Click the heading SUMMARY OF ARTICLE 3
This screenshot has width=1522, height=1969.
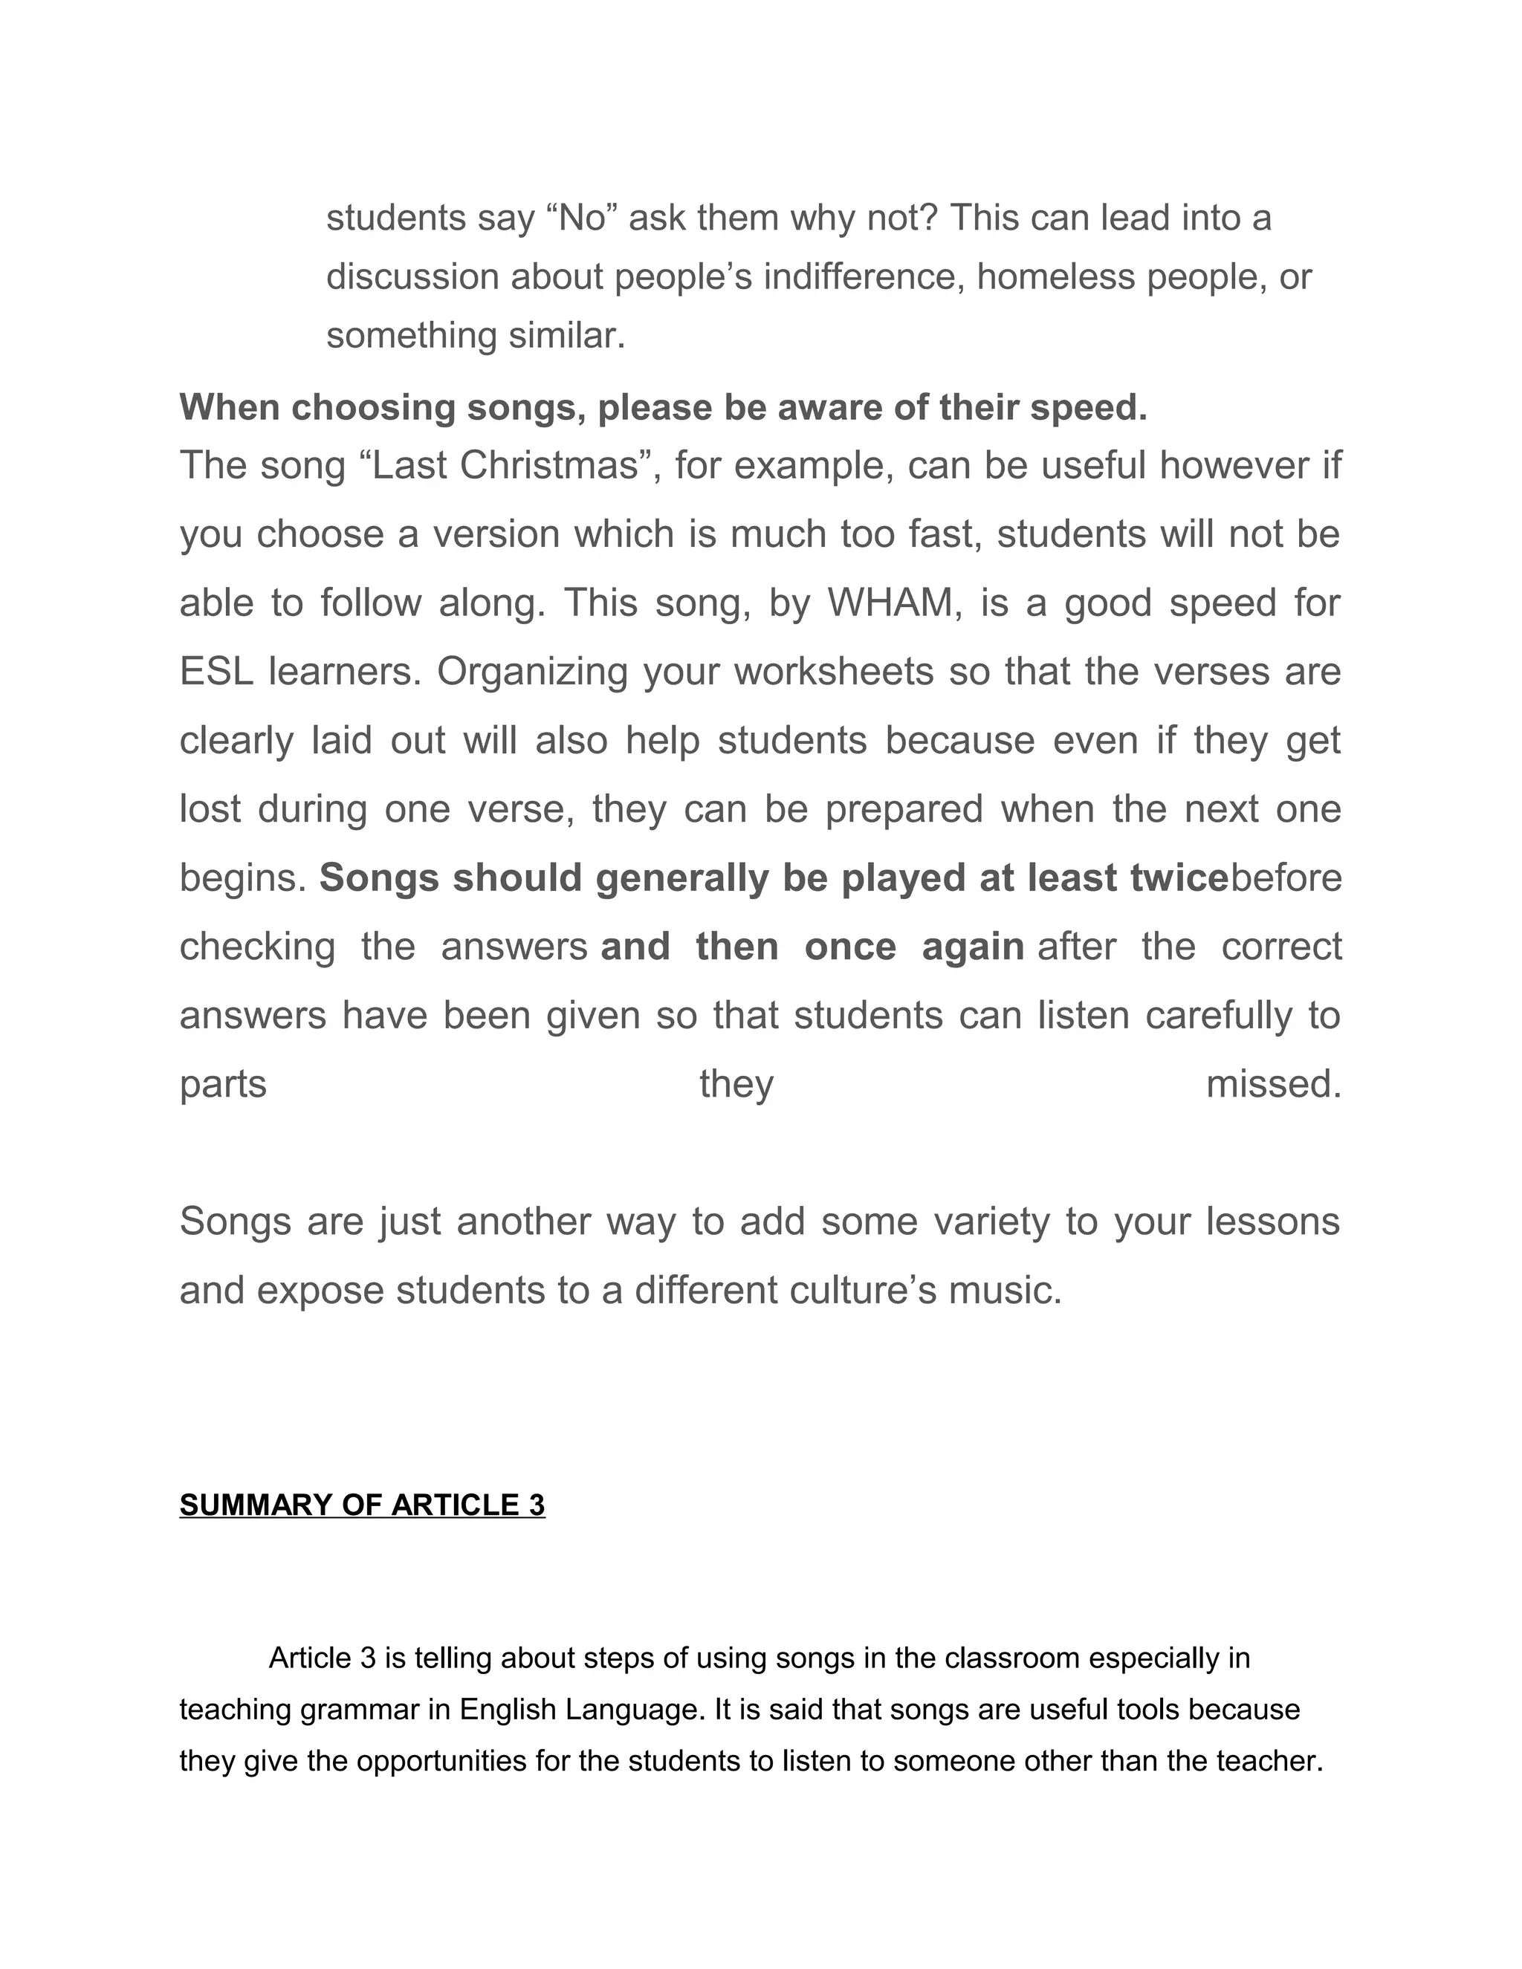tap(362, 1505)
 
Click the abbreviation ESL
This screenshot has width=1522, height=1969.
tap(216, 672)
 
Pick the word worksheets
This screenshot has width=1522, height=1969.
tap(833, 672)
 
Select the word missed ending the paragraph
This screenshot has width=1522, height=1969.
tap(1273, 1083)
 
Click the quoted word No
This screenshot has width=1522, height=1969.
tap(582, 218)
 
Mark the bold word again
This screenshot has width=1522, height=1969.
tap(973, 947)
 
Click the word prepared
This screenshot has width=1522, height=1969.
tap(904, 808)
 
